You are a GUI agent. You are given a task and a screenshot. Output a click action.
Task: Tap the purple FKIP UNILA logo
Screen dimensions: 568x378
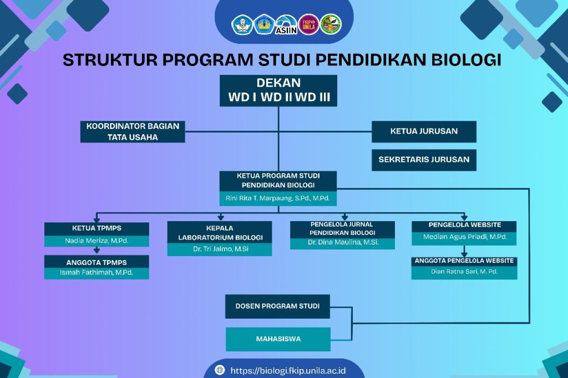308,24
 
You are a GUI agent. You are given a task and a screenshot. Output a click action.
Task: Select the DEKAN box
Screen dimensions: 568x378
278,90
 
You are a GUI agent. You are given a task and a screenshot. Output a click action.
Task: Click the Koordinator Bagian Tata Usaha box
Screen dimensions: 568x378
133,132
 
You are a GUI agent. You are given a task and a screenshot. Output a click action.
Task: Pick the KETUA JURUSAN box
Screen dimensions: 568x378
424,131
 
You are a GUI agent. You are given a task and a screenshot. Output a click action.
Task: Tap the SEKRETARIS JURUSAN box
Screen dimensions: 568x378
424,160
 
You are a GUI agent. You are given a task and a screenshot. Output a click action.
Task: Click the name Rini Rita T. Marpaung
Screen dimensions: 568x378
260,198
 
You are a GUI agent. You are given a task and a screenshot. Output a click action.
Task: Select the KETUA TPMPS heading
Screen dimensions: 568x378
97,228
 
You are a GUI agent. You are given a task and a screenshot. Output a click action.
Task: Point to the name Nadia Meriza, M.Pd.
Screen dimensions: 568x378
97,241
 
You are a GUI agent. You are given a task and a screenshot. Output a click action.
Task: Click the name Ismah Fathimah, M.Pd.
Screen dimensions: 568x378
97,273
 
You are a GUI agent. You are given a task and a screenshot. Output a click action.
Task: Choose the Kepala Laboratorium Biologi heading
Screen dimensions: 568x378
220,232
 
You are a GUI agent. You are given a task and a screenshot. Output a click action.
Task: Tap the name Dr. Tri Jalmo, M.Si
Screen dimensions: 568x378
221,249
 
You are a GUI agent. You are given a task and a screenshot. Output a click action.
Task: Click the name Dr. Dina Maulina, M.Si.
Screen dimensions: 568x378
343,243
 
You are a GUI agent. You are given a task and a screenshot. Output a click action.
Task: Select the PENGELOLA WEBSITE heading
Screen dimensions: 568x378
465,225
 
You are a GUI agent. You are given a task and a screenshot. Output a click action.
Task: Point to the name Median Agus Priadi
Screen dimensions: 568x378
454,237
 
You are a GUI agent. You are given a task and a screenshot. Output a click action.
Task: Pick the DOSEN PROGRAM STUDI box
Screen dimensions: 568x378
277,307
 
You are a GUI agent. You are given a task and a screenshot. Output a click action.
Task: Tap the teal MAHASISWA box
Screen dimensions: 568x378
278,339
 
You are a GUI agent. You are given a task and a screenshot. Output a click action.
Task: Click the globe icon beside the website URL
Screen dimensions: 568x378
220,370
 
